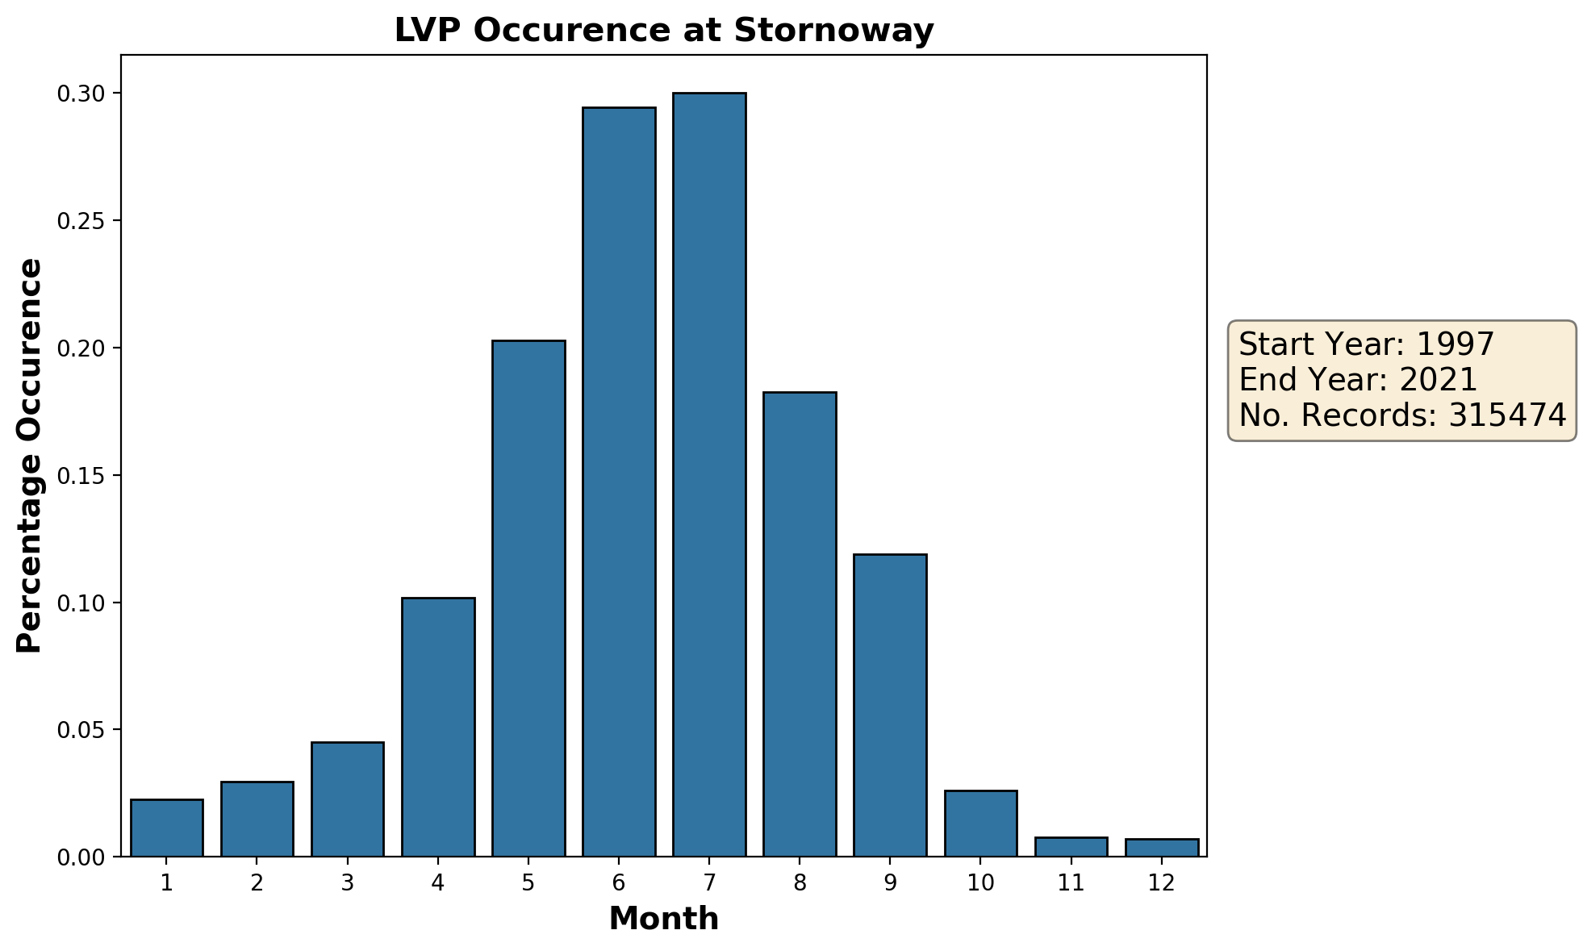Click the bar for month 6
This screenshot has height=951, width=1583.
[x=619, y=482]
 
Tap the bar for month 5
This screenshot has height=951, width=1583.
[x=528, y=599]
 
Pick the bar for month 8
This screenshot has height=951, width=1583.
[x=800, y=624]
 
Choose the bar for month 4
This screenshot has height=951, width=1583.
[x=438, y=727]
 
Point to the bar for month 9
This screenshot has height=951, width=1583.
[x=890, y=705]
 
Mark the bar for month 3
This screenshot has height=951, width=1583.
[x=348, y=799]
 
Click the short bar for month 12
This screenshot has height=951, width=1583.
[x=1161, y=848]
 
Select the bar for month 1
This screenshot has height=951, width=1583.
[x=167, y=828]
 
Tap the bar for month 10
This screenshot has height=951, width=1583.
[x=980, y=824]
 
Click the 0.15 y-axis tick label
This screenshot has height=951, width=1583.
[x=81, y=476]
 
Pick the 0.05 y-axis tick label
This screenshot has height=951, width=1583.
[x=81, y=731]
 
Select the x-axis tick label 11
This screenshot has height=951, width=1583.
[x=1071, y=883]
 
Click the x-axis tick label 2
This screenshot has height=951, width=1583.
[x=257, y=883]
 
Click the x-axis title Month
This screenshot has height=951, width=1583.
[x=663, y=919]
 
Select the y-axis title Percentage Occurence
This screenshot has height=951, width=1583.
[x=30, y=456]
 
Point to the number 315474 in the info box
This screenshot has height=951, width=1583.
[x=1506, y=415]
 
